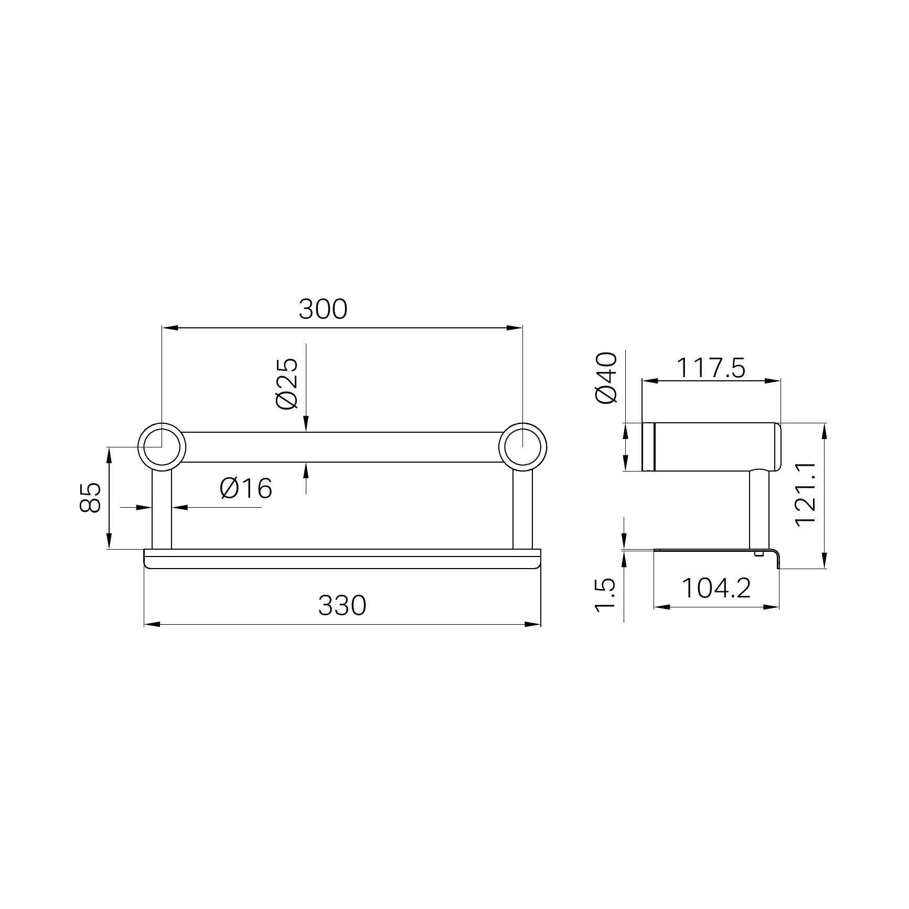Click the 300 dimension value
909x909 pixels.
323,309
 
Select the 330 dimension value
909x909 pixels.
342,605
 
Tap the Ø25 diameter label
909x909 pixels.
286,383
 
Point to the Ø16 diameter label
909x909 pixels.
246,489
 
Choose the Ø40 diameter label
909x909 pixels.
607,377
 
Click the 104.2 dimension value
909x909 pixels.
716,588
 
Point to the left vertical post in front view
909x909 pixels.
162,509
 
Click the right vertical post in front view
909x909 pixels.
522,509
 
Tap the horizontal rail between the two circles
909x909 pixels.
341,447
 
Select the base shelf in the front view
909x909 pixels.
342,559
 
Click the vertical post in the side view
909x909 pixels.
759,509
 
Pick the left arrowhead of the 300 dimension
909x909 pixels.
170,328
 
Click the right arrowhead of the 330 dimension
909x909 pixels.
533,624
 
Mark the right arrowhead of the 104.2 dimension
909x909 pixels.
772,607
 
